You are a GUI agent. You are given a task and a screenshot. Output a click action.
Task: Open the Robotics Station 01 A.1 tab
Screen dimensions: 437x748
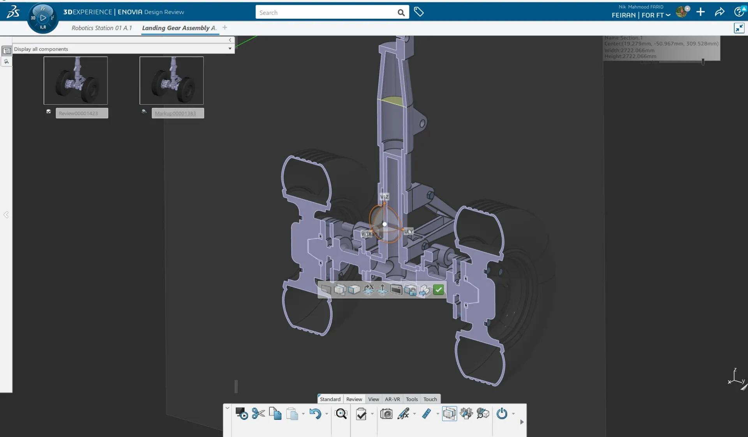(x=102, y=28)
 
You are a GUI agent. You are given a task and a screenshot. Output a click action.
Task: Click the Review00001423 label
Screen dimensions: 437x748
(x=82, y=113)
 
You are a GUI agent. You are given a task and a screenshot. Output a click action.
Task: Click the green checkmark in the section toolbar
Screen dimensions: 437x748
(x=438, y=290)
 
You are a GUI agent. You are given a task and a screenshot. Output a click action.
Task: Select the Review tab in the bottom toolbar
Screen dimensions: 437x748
(x=354, y=399)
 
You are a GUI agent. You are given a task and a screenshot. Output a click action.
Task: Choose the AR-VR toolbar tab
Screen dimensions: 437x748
(x=392, y=399)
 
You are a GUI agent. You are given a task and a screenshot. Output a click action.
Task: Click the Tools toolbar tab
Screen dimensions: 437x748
(x=411, y=399)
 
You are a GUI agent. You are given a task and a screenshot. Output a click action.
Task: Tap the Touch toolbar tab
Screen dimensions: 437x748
(x=430, y=399)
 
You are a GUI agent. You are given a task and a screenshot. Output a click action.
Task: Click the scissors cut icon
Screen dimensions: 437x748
(x=258, y=414)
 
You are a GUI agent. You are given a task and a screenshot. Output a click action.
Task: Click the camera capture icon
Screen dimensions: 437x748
(x=386, y=414)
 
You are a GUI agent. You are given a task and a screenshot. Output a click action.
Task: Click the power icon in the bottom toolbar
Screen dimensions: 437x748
(x=502, y=414)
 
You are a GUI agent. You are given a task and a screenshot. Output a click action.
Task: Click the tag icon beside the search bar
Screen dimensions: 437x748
(x=419, y=12)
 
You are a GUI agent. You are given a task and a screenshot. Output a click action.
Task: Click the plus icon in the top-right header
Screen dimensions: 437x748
(x=700, y=12)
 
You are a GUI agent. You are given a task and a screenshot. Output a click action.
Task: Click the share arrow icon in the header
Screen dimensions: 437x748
(x=720, y=12)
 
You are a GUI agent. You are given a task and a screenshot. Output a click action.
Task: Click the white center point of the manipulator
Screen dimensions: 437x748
(x=385, y=224)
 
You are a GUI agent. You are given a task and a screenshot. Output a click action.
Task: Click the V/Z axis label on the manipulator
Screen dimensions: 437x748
(x=384, y=197)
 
